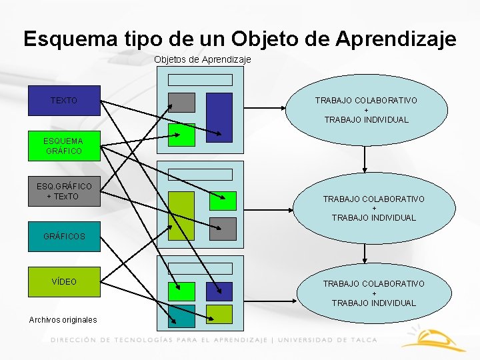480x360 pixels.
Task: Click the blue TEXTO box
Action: pyautogui.click(x=64, y=101)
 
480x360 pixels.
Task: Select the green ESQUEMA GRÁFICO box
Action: pyautogui.click(x=64, y=146)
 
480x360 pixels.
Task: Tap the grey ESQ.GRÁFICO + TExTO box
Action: pyautogui.click(x=64, y=191)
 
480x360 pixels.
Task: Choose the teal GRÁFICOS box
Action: pyautogui.click(x=64, y=236)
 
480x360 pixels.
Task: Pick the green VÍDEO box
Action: pyautogui.click(x=64, y=281)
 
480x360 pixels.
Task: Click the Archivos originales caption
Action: pyautogui.click(x=63, y=320)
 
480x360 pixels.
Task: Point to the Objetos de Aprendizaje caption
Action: pyautogui.click(x=202, y=59)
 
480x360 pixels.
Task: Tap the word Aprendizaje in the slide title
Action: pyautogui.click(x=396, y=39)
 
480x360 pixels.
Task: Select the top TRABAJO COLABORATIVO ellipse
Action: pyautogui.click(x=366, y=110)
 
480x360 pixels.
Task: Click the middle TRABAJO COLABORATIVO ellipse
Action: pyautogui.click(x=373, y=208)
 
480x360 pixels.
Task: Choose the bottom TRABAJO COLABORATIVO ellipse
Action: pyautogui.click(x=373, y=293)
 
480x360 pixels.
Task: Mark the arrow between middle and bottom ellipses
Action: pyautogui.click(x=365, y=253)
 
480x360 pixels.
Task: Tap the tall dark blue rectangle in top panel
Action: pyautogui.click(x=219, y=117)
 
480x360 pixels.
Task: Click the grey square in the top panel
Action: pyautogui.click(x=181, y=102)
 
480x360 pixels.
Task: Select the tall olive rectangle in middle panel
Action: pyautogui.click(x=181, y=215)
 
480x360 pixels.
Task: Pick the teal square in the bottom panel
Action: pyautogui.click(x=181, y=315)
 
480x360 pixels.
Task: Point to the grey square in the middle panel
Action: pyautogui.click(x=223, y=228)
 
